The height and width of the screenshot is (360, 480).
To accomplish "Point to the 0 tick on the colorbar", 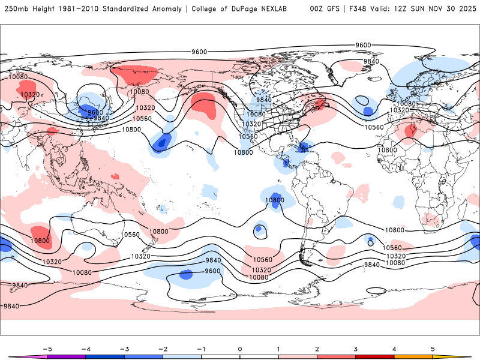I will click(239, 349).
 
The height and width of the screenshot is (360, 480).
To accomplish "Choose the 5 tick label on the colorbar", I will click(433, 349).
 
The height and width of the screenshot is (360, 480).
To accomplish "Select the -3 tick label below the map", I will click(124, 349).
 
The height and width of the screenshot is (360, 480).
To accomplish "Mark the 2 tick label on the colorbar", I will click(317, 349).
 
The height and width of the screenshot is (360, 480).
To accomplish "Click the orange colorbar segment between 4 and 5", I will click(413, 356).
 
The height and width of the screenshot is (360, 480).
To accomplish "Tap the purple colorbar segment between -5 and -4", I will click(65, 356).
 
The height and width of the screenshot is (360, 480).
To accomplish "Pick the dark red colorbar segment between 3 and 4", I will click(375, 356).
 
